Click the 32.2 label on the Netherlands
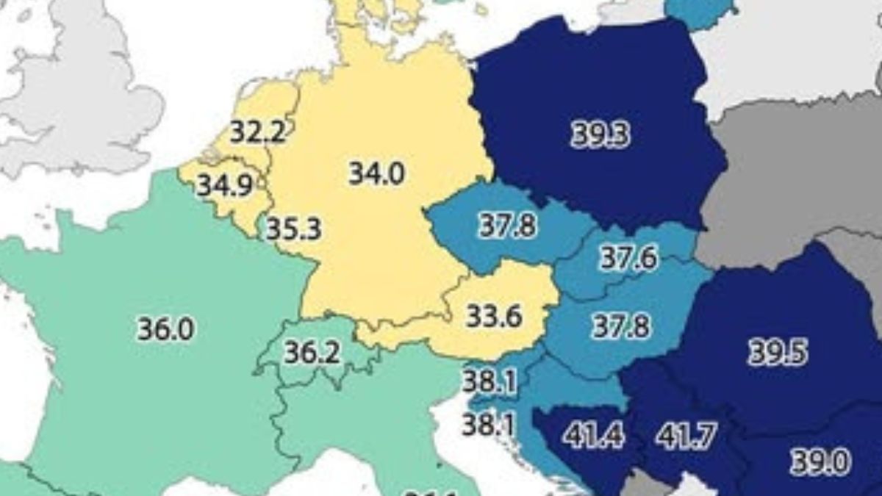click(x=257, y=132)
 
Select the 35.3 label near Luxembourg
click(x=293, y=229)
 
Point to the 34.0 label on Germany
click(x=376, y=173)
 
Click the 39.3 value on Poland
click(x=600, y=135)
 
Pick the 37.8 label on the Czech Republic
click(x=507, y=226)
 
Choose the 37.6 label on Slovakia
click(x=628, y=258)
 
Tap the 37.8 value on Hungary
click(x=622, y=326)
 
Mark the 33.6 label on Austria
click(x=494, y=317)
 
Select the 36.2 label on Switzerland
click(x=312, y=353)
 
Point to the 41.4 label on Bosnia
click(x=593, y=436)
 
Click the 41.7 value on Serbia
click(x=686, y=436)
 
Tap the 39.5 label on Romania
click(x=777, y=353)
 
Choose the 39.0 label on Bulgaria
click(x=820, y=462)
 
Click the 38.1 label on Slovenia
click(x=489, y=382)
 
